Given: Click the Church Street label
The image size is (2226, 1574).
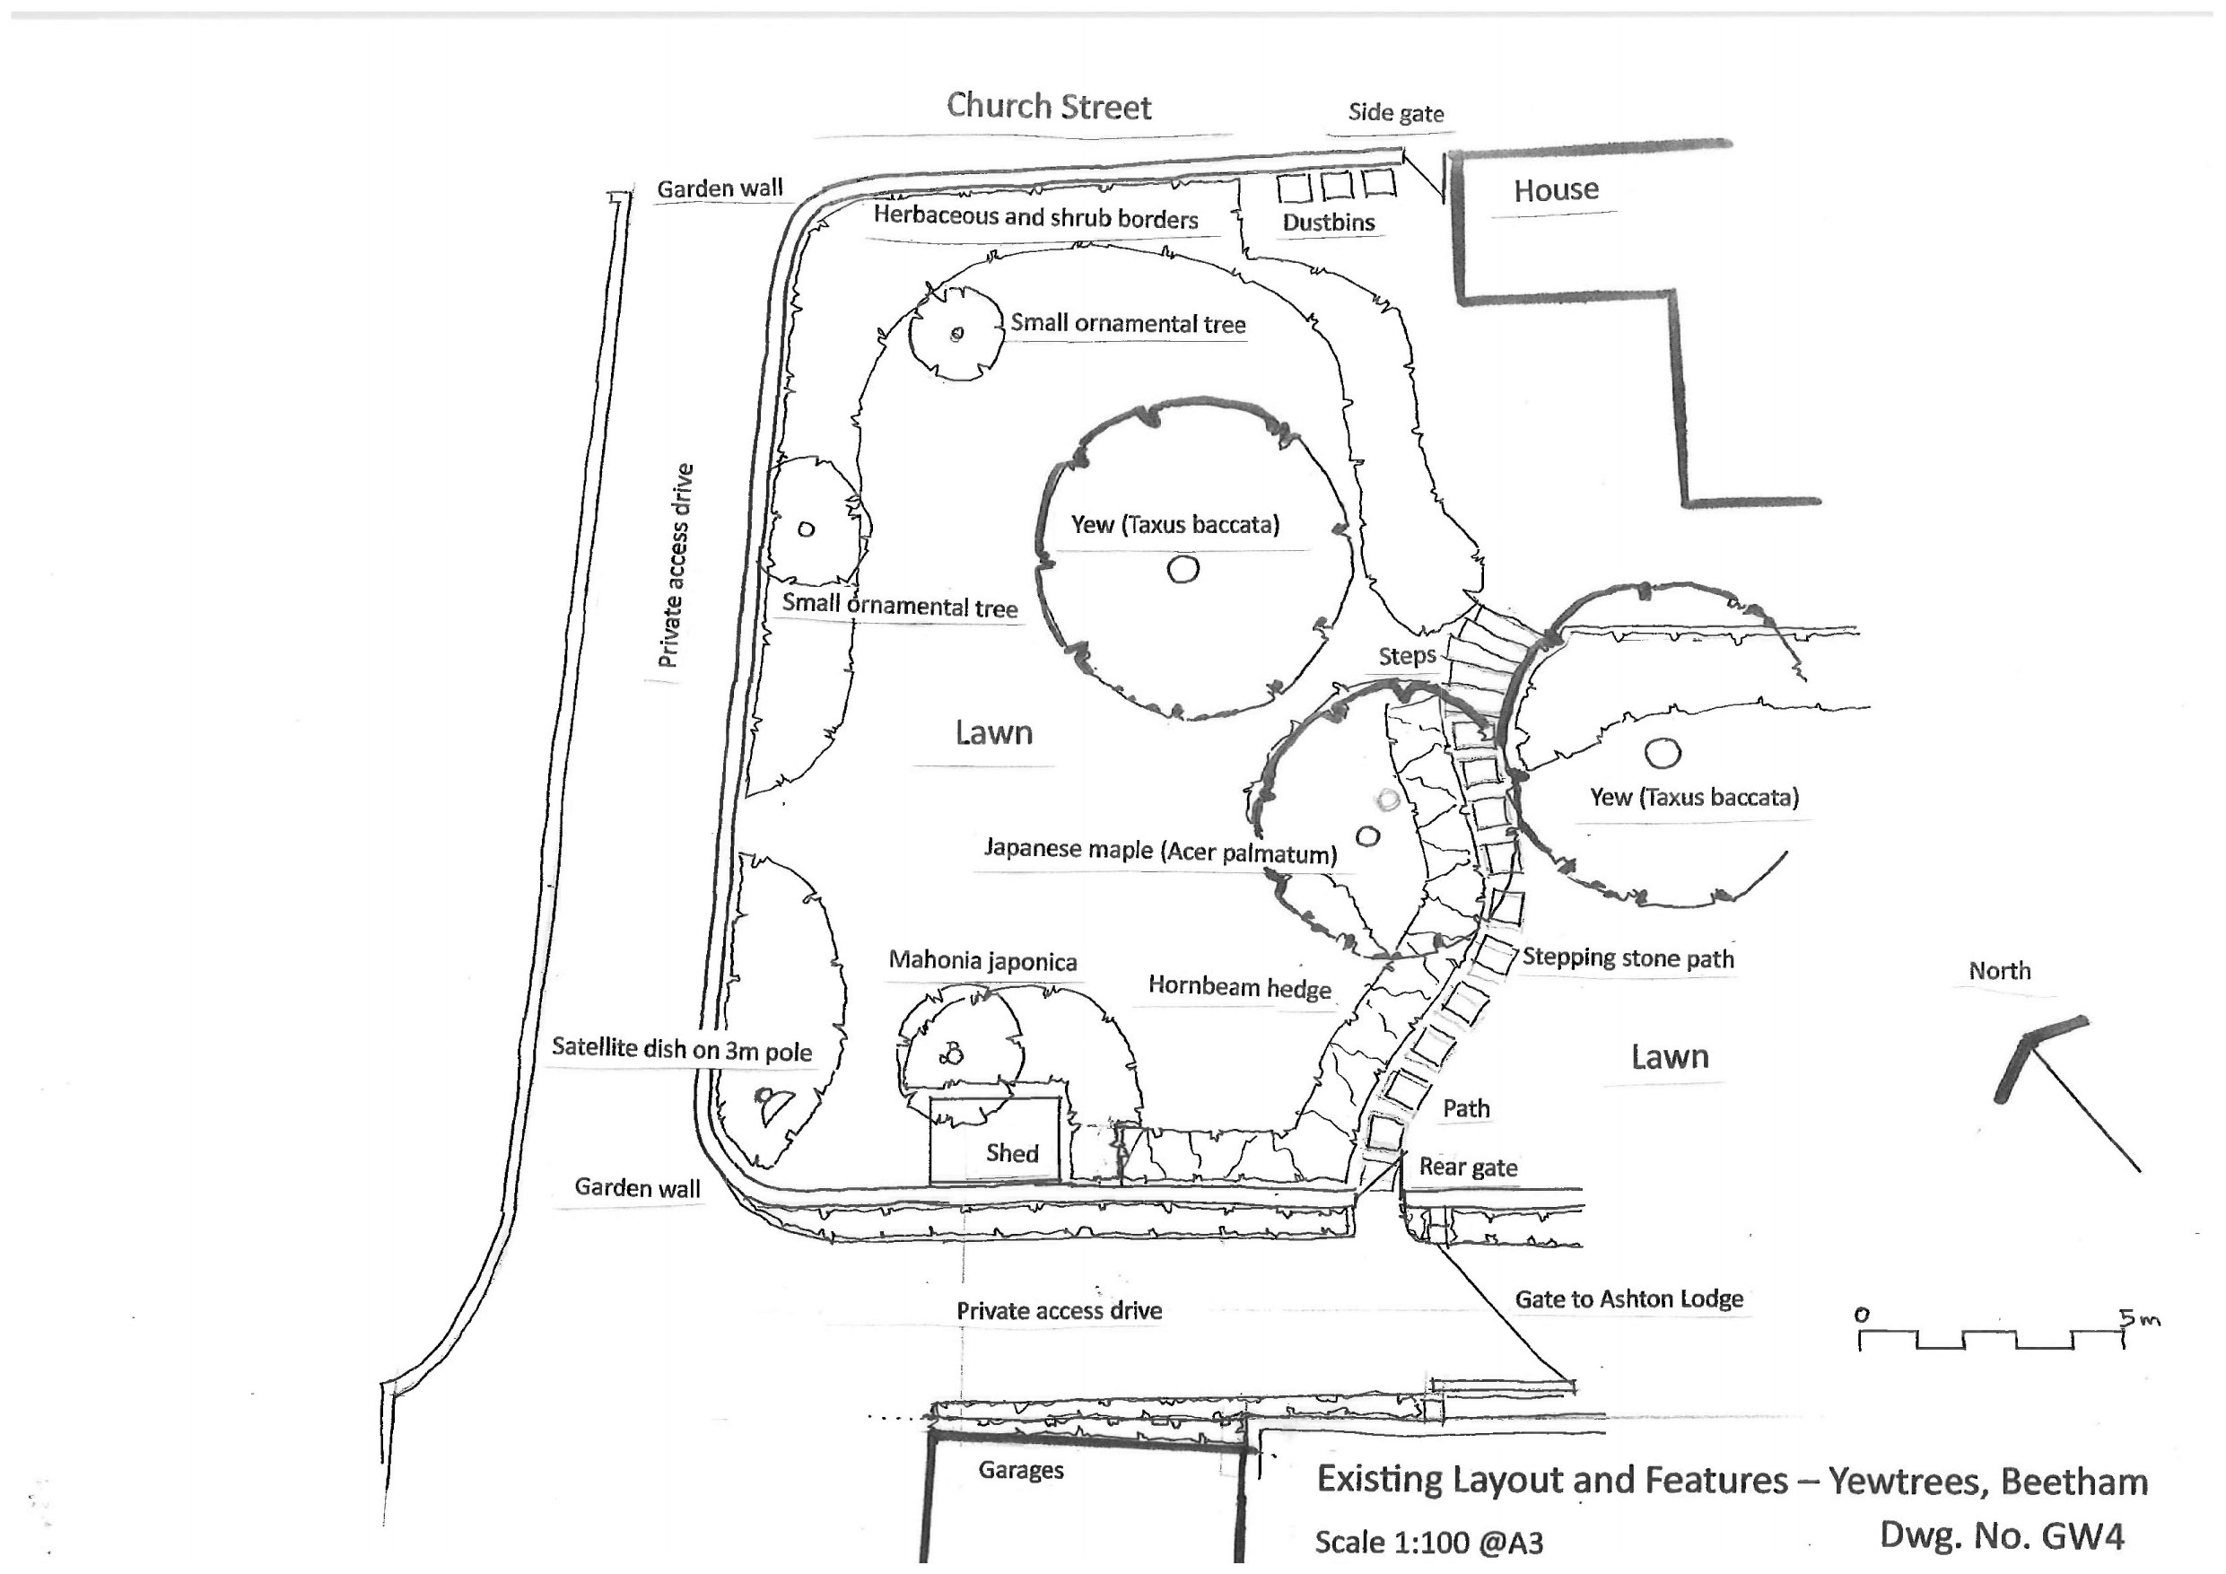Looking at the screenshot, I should click(x=1048, y=106).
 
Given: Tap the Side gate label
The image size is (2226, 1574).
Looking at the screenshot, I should click(x=1395, y=112).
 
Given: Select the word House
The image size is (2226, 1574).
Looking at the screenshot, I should click(x=1555, y=190).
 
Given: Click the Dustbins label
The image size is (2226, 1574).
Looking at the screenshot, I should click(x=1327, y=222).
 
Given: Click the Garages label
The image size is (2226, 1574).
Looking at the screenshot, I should click(x=1020, y=1470).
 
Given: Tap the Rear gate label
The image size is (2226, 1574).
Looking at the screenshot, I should click(x=1468, y=1167).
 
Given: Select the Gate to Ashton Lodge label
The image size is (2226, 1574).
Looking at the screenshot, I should click(x=1628, y=1299).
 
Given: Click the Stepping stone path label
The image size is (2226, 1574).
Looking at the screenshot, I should click(x=1627, y=958).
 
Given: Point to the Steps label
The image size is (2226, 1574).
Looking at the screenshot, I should click(x=1406, y=657).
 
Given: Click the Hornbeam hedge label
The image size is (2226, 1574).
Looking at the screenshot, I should click(x=1239, y=987).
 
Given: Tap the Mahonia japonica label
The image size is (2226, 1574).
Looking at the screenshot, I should click(x=982, y=961).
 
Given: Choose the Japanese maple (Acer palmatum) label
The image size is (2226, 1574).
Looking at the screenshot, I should click(x=1159, y=851).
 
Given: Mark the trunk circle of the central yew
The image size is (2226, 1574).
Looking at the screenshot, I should click(x=1182, y=569).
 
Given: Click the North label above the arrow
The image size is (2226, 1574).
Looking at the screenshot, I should click(x=1998, y=971).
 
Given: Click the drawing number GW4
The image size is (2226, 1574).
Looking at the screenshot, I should click(x=2000, y=1535).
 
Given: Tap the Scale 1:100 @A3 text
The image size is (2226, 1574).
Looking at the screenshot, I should click(x=1428, y=1542).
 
